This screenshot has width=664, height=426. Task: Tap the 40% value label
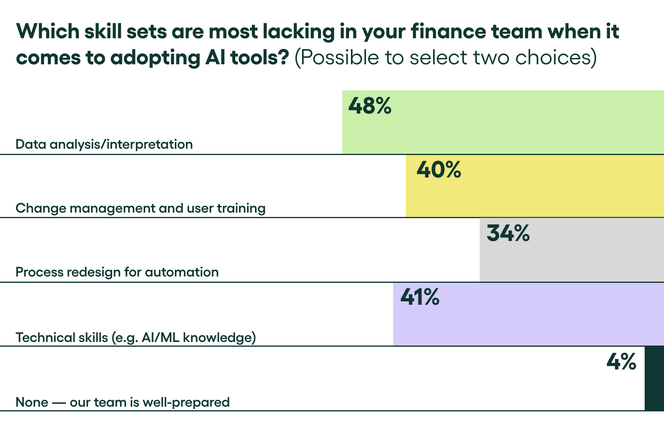[x=439, y=170]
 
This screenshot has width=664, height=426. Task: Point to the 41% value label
[x=420, y=297]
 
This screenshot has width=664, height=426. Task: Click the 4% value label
[x=621, y=361]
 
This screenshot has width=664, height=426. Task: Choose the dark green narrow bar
[x=654, y=379]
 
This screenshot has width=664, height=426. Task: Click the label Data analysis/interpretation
[x=104, y=144]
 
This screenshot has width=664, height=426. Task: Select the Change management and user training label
[x=141, y=208]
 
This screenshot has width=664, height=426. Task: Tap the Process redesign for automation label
[x=117, y=272]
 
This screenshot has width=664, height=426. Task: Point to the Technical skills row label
[x=136, y=338]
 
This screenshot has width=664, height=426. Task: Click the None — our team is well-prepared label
[x=122, y=402]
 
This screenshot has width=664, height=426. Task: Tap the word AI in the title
[x=215, y=58]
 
